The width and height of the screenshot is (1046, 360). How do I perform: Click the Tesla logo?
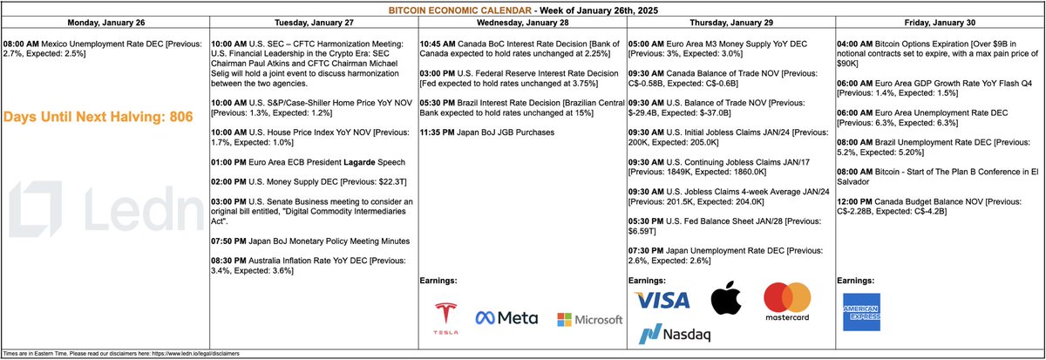point(447,318)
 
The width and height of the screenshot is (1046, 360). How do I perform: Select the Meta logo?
point(506,319)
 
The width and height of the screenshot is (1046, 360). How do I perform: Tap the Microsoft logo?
point(590,320)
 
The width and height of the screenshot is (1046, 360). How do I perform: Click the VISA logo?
point(662,301)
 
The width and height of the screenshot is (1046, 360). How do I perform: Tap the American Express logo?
point(860,309)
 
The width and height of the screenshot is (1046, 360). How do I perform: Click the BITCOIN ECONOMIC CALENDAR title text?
point(523,9)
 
